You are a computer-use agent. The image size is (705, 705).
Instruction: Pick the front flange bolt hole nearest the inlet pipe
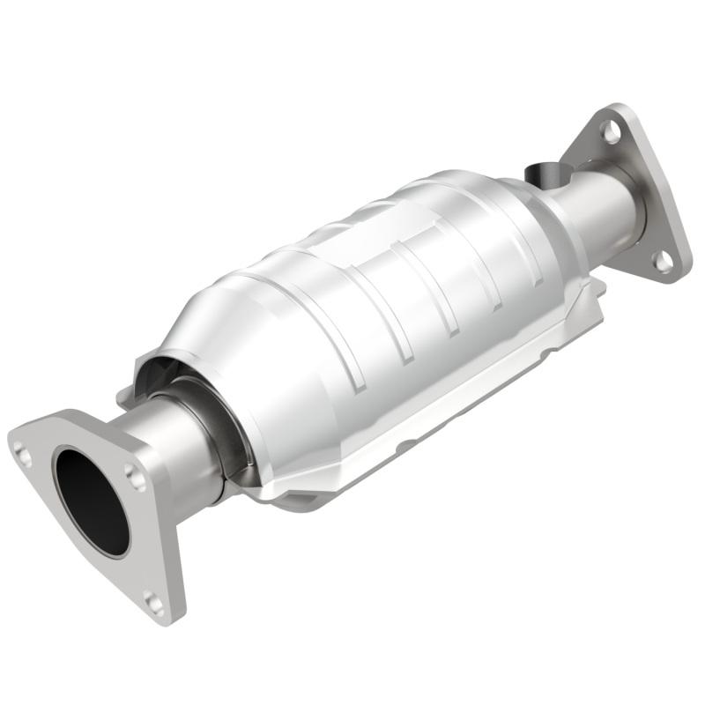[136, 477]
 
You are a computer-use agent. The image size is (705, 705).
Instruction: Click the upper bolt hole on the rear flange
[610, 131]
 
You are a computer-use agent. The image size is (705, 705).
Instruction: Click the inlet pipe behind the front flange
[176, 449]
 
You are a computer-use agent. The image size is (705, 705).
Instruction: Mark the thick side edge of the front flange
[173, 546]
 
